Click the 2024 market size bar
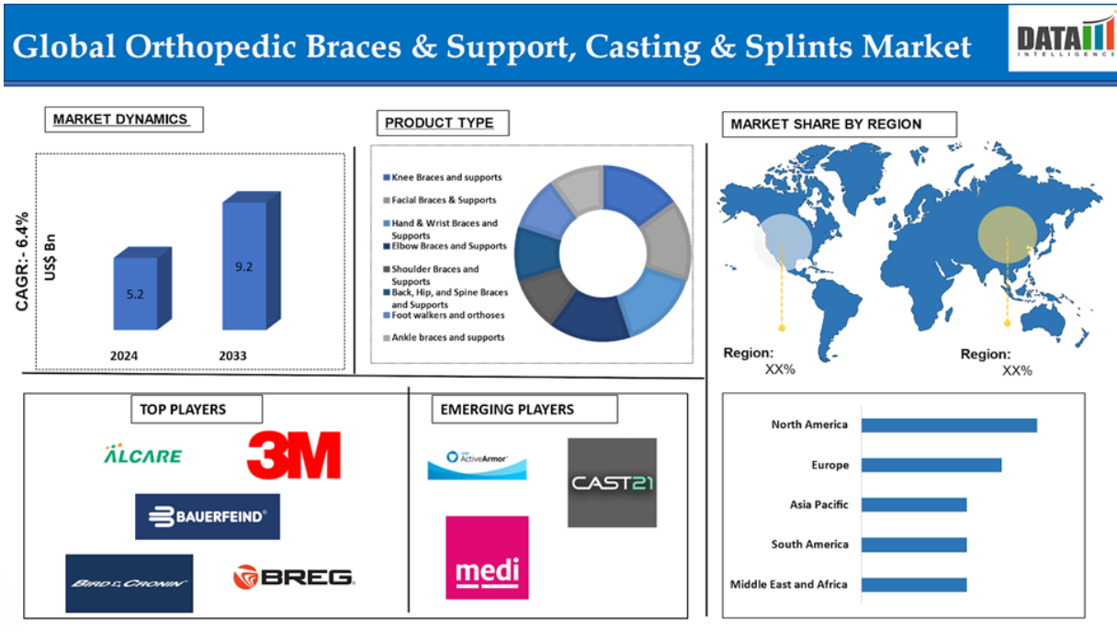point(142,288)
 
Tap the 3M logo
point(294,455)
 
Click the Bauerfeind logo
point(208,516)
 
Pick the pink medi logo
point(487,558)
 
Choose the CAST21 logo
point(612,482)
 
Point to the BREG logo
point(294,577)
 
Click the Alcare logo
point(142,454)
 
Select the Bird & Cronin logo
point(130,583)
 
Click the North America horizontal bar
point(949,425)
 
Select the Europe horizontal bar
point(931,465)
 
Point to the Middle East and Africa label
point(788,584)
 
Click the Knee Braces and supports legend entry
point(443,177)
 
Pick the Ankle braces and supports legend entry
point(444,338)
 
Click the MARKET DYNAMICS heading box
point(124,119)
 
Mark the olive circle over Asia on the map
point(1008,234)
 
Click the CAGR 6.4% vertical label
point(22,262)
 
